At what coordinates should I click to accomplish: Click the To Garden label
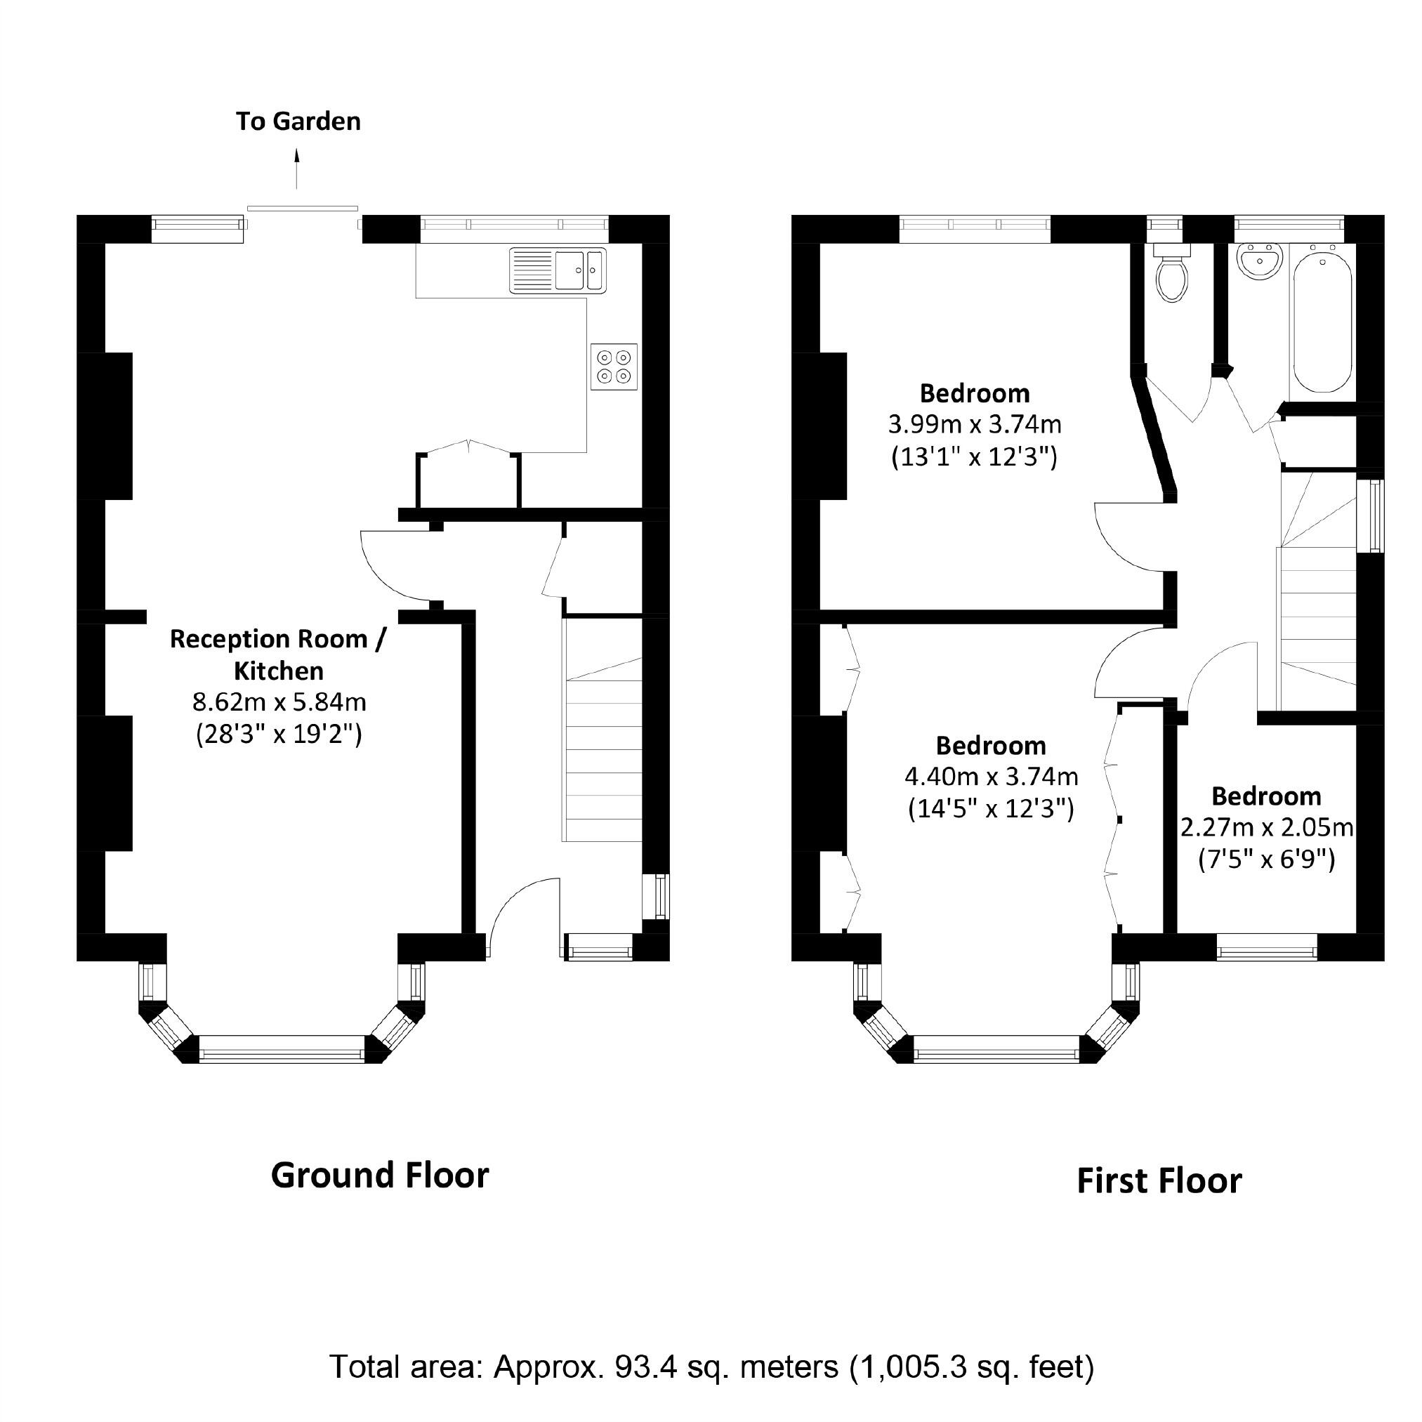[x=298, y=121]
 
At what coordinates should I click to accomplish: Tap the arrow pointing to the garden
[x=297, y=169]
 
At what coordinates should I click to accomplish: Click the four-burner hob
[x=614, y=367]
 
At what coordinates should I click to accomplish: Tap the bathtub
[x=1322, y=320]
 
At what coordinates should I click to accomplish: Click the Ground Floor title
[x=380, y=1176]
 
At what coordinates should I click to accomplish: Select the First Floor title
[x=1159, y=1181]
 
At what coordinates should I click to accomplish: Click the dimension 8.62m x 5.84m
[x=279, y=702]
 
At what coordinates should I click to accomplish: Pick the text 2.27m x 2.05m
[x=1267, y=828]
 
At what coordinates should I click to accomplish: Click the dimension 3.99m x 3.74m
[x=975, y=425]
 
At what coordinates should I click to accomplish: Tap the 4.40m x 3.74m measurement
[x=991, y=777]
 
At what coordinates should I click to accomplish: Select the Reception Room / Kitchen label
[x=277, y=654]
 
